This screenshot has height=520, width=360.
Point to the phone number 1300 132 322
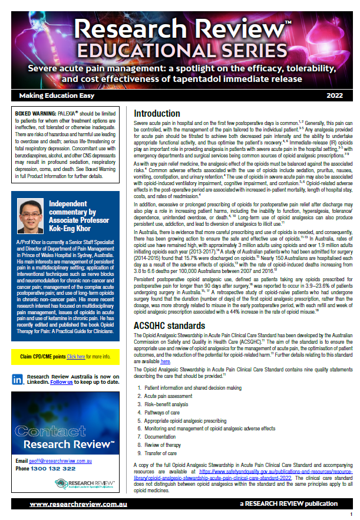pos(52,468)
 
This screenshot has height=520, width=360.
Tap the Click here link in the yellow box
pos(76,357)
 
